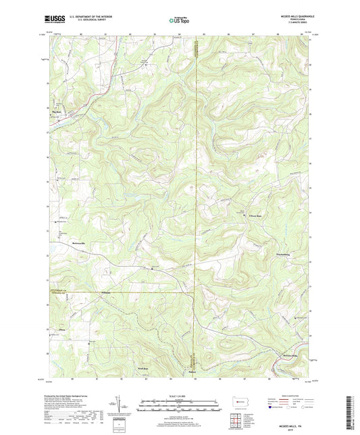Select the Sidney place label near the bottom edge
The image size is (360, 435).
point(192,370)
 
